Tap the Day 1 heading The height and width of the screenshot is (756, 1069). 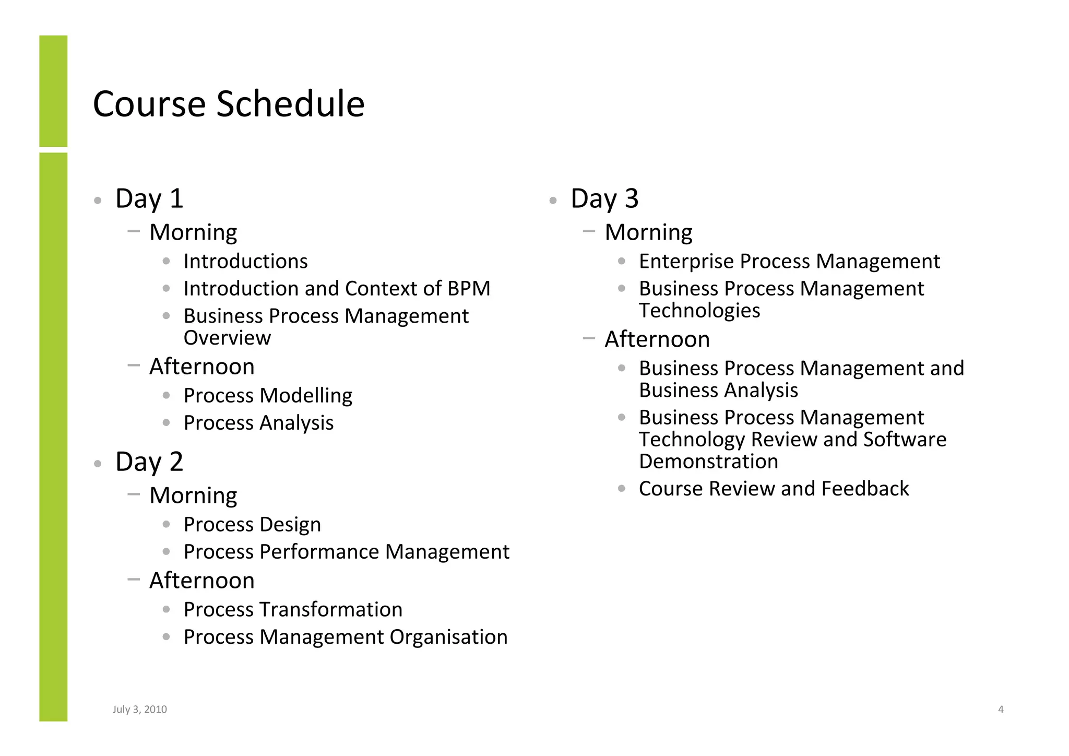(x=149, y=198)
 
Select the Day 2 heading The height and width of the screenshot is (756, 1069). (x=149, y=462)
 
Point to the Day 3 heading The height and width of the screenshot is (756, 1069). (x=604, y=198)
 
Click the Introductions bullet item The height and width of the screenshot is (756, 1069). (x=245, y=261)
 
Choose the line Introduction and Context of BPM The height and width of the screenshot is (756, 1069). (x=337, y=288)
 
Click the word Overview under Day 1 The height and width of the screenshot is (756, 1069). (x=227, y=338)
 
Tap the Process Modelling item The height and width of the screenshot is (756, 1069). (x=268, y=395)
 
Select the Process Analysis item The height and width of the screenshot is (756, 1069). (x=258, y=423)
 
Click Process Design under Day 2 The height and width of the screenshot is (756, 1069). (x=252, y=524)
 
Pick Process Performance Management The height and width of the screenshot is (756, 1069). (x=346, y=552)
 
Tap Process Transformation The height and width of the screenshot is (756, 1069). (x=293, y=609)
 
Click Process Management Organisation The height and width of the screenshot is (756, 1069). (x=346, y=637)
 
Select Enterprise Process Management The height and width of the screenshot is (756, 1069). (x=789, y=261)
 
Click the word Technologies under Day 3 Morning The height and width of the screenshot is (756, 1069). (x=699, y=311)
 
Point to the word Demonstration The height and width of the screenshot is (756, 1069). (x=708, y=462)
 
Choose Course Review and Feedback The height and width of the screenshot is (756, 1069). (x=774, y=489)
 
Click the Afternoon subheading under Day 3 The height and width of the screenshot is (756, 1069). (x=657, y=339)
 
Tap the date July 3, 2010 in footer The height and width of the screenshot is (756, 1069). (x=139, y=709)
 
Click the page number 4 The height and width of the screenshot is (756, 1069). (x=1001, y=709)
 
